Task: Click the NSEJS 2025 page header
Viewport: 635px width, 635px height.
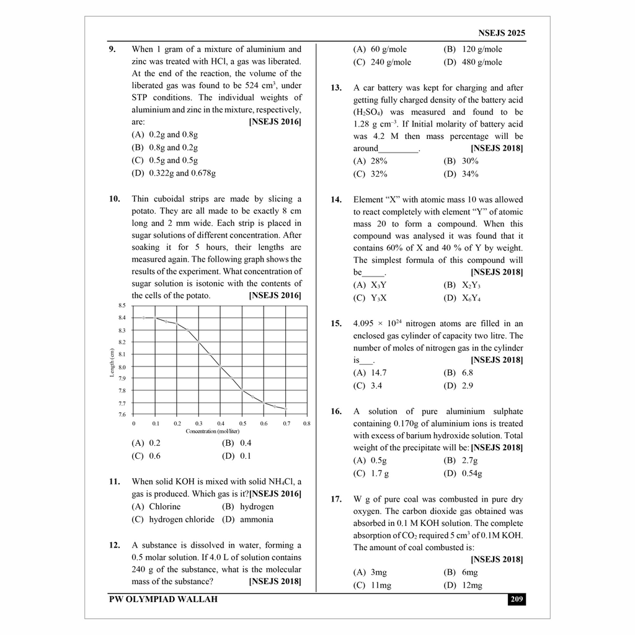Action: pos(502,33)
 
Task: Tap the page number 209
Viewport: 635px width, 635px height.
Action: pos(516,599)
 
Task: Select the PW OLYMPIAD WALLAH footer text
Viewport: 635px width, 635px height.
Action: pos(163,599)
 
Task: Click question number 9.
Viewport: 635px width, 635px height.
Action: pos(112,49)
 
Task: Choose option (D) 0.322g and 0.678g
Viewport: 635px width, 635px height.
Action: pos(174,173)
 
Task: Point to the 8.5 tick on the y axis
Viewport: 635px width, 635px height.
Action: pos(122,306)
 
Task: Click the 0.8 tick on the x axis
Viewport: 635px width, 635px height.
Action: pos(306,423)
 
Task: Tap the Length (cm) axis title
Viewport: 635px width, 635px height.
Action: pos(112,362)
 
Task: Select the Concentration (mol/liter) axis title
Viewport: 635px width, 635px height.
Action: pos(213,431)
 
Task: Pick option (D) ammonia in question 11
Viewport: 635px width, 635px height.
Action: pos(247,519)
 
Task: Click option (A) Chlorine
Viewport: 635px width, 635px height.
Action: pos(156,506)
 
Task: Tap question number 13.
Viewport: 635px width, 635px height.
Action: pos(336,88)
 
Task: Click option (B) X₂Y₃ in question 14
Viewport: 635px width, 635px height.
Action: pos(462,285)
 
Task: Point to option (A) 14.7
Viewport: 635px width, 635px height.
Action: pos(370,373)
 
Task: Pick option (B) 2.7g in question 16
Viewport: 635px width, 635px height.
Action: pos(461,460)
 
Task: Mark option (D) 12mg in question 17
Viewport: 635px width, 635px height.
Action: pos(463,585)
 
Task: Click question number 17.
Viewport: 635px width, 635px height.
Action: pos(336,499)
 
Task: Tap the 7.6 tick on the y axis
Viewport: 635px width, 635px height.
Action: pos(122,414)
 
